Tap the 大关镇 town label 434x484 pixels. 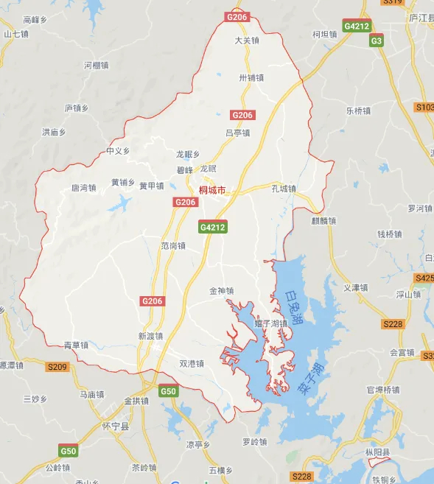tap(247, 41)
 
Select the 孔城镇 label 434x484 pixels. tap(283, 189)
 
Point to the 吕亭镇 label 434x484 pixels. tap(237, 133)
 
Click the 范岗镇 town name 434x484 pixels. tap(173, 245)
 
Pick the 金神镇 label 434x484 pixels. tap(221, 291)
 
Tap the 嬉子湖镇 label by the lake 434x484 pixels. tap(270, 323)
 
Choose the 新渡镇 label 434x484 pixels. tap(150, 336)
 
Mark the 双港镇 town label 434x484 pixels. tap(191, 362)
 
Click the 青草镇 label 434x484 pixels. tap(76, 345)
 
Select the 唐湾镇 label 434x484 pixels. tap(83, 187)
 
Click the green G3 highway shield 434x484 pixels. tap(377, 41)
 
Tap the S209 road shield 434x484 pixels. tap(57, 367)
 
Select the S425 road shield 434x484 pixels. tap(424, 278)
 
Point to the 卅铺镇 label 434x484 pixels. tap(251, 77)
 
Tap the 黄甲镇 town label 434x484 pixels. tap(152, 186)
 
